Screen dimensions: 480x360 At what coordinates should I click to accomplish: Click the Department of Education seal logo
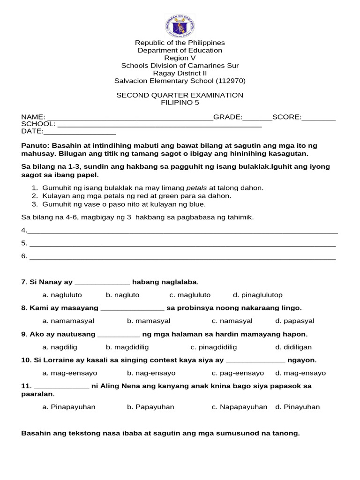click(x=180, y=25)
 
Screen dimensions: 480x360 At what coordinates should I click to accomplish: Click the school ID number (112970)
click(x=230, y=81)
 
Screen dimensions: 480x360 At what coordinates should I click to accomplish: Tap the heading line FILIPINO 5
click(x=180, y=103)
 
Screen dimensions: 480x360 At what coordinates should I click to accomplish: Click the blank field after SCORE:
click(x=319, y=118)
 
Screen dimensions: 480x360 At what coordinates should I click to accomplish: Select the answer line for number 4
click(x=183, y=231)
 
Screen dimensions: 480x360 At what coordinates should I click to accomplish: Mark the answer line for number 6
click(x=183, y=257)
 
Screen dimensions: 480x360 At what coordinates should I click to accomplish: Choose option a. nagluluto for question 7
click(x=62, y=295)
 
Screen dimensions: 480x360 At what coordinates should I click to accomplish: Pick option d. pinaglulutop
click(x=257, y=295)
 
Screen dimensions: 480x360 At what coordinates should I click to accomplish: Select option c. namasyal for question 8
click(x=232, y=321)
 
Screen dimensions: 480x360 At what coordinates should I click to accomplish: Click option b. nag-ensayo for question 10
click(x=151, y=373)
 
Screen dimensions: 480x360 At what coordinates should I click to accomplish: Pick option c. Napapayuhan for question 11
click(x=239, y=407)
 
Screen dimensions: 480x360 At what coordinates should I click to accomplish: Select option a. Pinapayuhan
click(x=68, y=407)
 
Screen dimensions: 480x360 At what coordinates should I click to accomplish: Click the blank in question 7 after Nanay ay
click(x=102, y=283)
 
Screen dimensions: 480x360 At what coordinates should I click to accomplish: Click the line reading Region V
click(x=180, y=58)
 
